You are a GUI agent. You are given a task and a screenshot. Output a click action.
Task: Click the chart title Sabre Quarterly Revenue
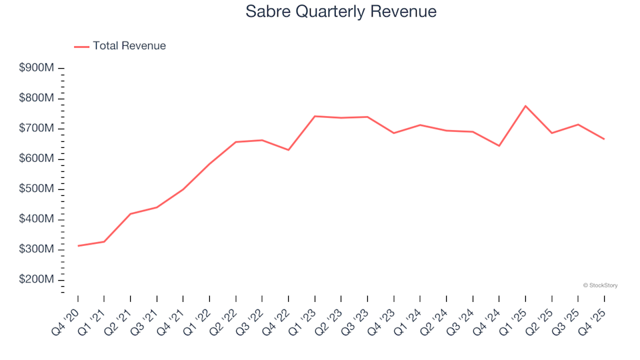click(341, 11)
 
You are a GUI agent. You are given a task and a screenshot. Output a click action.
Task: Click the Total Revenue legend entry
click(129, 46)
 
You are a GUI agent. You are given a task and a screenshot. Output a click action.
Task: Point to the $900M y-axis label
click(36, 68)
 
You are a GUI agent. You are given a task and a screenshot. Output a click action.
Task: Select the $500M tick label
click(36, 189)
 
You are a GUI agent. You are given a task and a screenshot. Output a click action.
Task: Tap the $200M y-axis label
click(36, 280)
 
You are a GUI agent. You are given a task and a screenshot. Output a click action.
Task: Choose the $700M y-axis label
click(36, 129)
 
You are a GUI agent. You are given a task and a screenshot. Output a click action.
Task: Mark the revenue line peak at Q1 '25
click(525, 106)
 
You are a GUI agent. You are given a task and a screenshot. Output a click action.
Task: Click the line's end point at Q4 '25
click(605, 139)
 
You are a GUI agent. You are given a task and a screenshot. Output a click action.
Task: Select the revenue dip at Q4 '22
click(288, 150)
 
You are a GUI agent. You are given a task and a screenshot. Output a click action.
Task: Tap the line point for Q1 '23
click(315, 116)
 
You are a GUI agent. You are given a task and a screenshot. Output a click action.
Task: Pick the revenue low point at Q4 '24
click(499, 146)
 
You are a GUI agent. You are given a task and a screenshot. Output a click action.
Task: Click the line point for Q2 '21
click(130, 214)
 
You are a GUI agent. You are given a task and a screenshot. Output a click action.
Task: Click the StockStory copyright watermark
click(600, 285)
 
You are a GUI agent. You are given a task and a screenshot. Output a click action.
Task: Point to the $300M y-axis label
click(36, 249)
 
